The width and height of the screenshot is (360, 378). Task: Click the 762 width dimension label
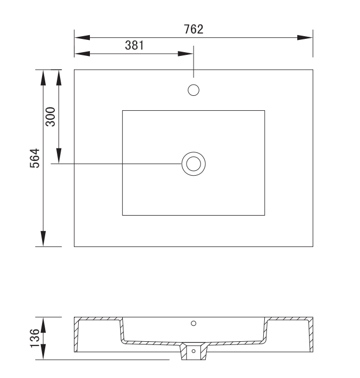pos(194,29)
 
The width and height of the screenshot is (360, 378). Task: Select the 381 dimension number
pos(135,45)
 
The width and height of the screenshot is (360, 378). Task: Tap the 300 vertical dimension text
pos(51,117)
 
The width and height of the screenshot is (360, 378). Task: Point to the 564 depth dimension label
pos(35,158)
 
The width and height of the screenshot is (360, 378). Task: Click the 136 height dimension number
pos(35,338)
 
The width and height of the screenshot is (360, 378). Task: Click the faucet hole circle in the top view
pos(194,85)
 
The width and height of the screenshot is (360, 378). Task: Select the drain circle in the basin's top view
pos(194,152)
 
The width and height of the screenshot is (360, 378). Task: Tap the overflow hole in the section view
pos(194,323)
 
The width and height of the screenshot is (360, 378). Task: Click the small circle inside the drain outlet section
pos(194,351)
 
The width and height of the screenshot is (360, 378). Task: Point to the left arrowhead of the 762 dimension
pos(82,38)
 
